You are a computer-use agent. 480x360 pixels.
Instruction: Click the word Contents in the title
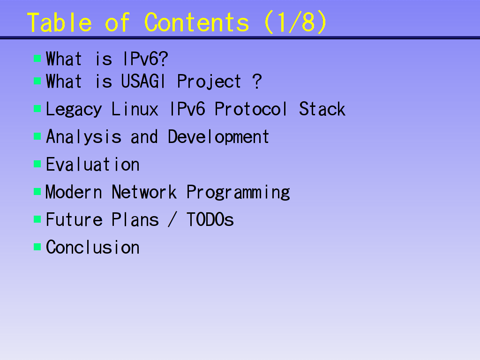click(197, 22)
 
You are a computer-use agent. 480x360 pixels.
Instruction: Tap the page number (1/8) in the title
click(295, 22)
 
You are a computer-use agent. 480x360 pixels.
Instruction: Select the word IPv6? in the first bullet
click(145, 60)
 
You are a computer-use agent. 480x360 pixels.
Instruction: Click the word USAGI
click(143, 82)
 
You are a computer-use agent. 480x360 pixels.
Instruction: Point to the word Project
click(209, 82)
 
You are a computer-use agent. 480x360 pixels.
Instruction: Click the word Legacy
click(74, 110)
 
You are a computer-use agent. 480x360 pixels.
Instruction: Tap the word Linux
click(135, 110)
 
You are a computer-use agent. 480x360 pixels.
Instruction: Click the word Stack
click(322, 110)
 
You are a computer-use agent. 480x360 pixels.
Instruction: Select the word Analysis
click(83, 137)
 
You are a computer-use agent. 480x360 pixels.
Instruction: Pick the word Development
click(218, 137)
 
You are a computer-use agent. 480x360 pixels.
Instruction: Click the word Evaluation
click(93, 165)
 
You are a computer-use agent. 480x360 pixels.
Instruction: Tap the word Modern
click(74, 193)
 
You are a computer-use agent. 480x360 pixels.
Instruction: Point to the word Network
click(144, 193)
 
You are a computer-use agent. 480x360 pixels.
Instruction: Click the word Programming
click(238, 193)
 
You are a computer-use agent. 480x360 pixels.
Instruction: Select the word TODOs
click(210, 220)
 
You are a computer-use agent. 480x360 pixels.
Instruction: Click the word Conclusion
click(93, 247)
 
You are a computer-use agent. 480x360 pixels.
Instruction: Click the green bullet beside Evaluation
click(37, 165)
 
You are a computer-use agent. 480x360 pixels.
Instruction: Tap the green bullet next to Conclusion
click(37, 247)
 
